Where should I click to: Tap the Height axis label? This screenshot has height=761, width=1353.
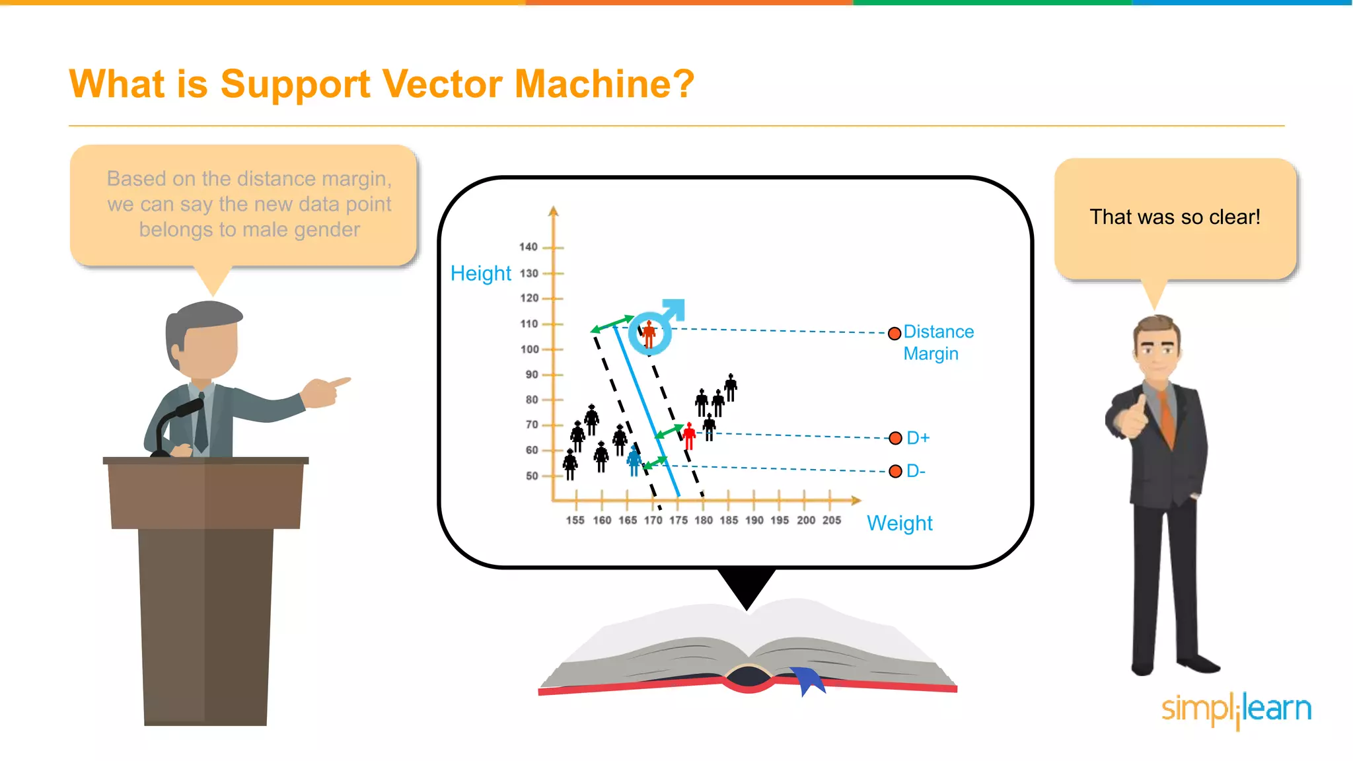click(480, 273)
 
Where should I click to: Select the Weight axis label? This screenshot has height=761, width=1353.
click(899, 523)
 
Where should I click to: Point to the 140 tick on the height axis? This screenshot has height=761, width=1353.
click(529, 247)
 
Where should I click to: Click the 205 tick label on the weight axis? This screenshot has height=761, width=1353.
click(832, 521)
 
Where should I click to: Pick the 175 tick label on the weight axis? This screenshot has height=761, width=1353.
click(678, 521)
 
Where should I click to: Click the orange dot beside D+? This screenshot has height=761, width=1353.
click(895, 438)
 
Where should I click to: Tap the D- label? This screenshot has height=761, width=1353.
click(916, 471)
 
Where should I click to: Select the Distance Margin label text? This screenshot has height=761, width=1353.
click(937, 342)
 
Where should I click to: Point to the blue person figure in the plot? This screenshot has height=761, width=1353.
click(634, 460)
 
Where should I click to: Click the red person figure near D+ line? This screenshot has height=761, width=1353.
click(689, 436)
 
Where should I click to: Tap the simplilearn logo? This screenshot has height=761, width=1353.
click(1236, 709)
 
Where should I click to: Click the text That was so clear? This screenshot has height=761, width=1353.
click(1175, 217)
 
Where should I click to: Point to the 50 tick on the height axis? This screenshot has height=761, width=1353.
click(532, 476)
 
